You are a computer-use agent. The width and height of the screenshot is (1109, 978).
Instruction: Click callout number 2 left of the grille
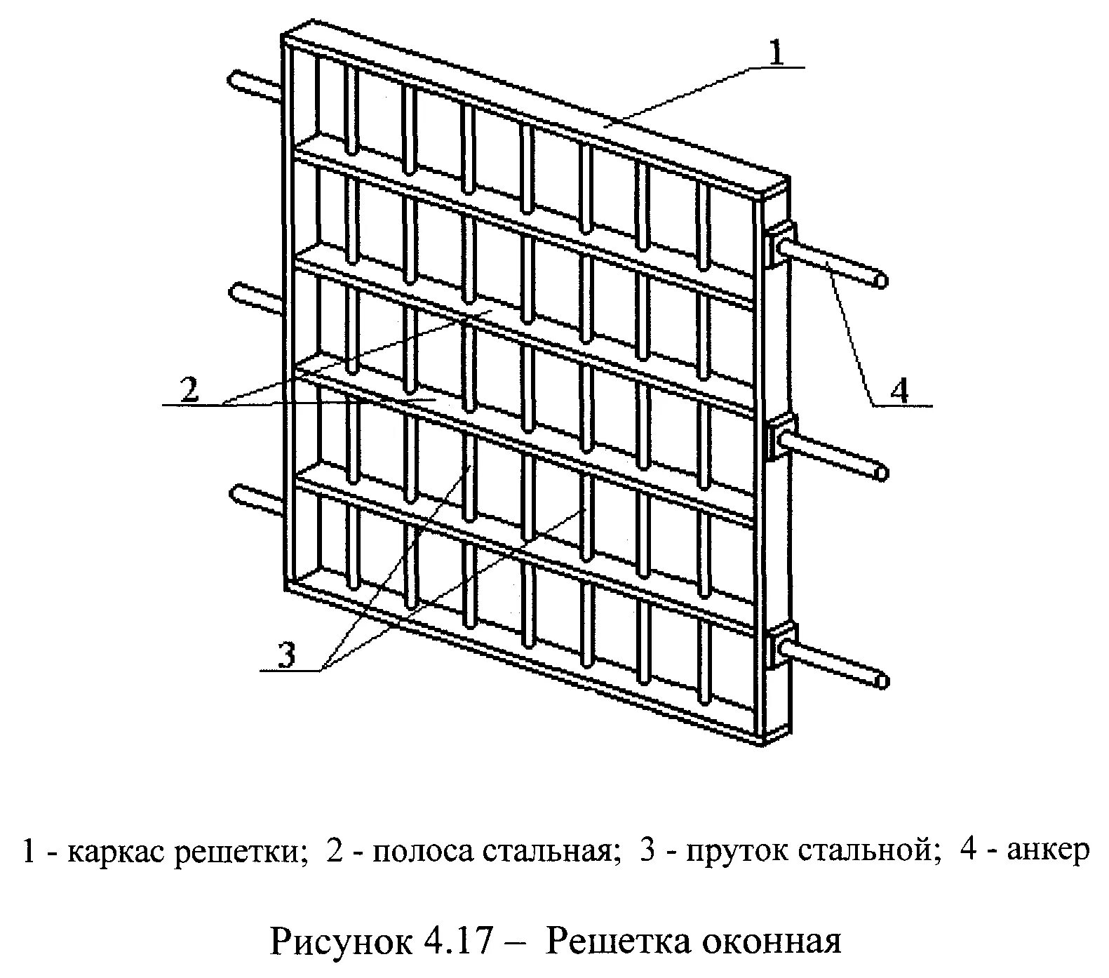pos(189,389)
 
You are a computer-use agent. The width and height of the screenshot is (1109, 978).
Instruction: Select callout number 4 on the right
pos(899,390)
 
